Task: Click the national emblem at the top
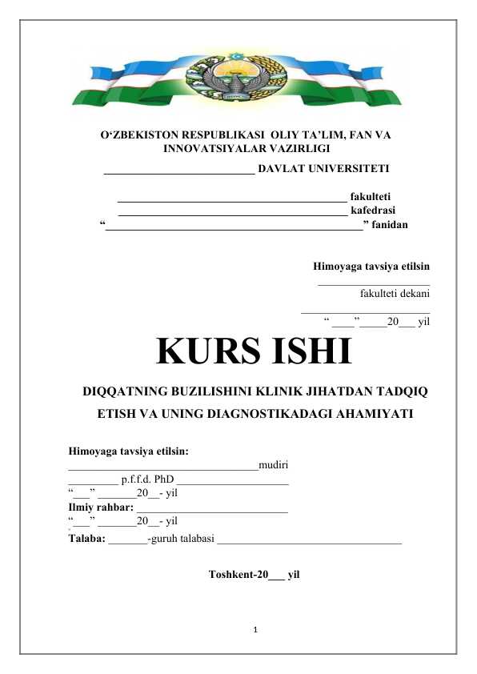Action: [238, 78]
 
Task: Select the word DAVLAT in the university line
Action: [285, 170]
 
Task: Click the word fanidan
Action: [390, 225]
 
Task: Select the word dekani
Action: [412, 294]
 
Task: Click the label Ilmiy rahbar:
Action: [100, 508]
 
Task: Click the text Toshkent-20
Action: [238, 575]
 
